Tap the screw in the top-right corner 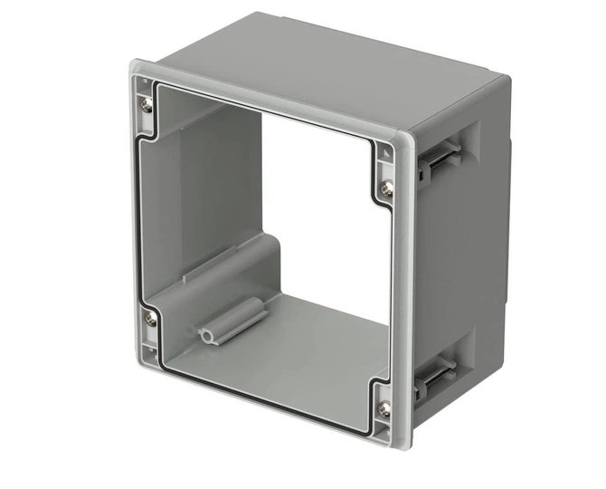coord(387,187)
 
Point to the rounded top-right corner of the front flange coord(403,139)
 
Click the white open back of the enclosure coord(326,208)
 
